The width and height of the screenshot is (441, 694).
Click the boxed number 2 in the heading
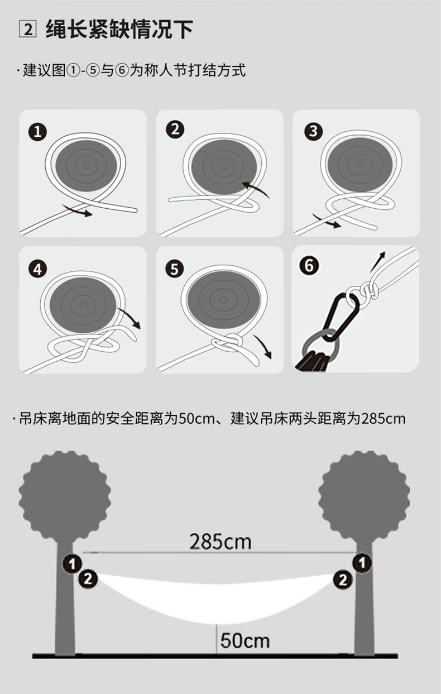27,29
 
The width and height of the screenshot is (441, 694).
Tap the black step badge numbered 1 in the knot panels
38,132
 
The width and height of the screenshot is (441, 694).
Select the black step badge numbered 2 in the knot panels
175,129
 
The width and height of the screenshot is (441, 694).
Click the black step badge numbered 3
313,131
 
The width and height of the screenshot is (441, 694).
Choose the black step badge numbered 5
174,269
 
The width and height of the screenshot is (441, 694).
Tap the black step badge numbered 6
309,266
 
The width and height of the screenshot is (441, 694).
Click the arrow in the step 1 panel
78,210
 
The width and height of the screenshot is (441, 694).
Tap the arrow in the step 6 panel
377,262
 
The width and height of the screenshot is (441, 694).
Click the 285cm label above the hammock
220,541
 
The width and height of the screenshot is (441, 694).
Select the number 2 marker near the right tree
343,580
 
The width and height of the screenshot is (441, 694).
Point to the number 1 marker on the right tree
362,563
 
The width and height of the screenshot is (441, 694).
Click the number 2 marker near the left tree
88,578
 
